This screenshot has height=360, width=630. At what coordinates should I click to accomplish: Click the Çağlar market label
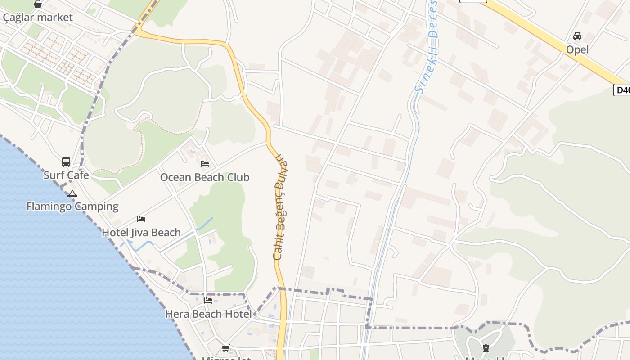[38, 18]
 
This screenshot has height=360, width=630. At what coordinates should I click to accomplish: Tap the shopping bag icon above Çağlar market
[38, 4]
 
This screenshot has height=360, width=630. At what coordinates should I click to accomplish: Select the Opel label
[577, 49]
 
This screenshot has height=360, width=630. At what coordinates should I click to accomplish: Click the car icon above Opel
[577, 36]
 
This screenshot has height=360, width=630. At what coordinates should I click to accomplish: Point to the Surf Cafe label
[66, 175]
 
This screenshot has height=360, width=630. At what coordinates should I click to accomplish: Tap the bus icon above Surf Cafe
[66, 162]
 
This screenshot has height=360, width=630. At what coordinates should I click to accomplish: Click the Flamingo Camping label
[72, 207]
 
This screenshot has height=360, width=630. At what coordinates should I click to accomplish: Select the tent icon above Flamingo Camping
[72, 194]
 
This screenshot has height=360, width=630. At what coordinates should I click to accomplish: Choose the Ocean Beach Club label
[205, 177]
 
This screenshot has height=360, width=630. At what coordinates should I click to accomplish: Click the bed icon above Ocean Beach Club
[205, 164]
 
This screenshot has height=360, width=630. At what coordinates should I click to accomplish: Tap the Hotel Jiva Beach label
[141, 233]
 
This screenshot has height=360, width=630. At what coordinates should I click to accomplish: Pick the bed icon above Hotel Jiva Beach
[141, 219]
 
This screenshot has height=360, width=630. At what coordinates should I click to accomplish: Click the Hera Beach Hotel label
[208, 314]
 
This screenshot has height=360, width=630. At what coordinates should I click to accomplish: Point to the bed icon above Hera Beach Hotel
[208, 300]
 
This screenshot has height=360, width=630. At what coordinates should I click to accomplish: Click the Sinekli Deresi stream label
[427, 49]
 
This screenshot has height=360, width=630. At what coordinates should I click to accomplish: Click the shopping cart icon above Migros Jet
[225, 348]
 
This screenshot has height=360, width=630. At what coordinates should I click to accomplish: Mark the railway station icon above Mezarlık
[486, 348]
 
